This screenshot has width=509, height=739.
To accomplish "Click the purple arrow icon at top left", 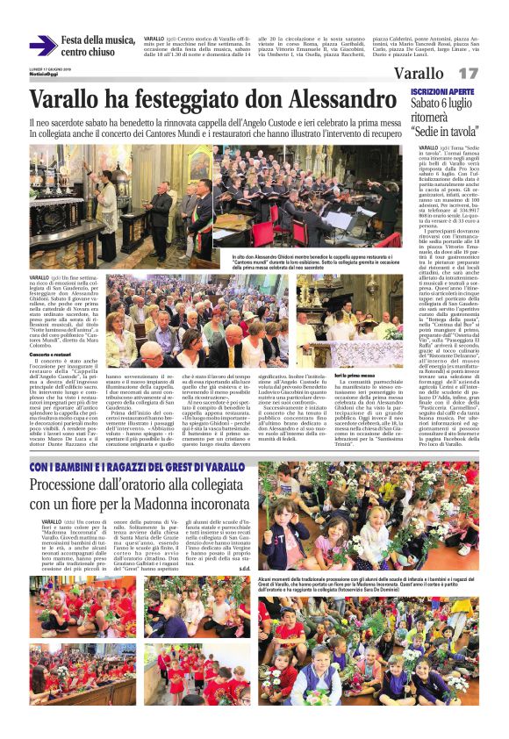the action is point(42,46).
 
